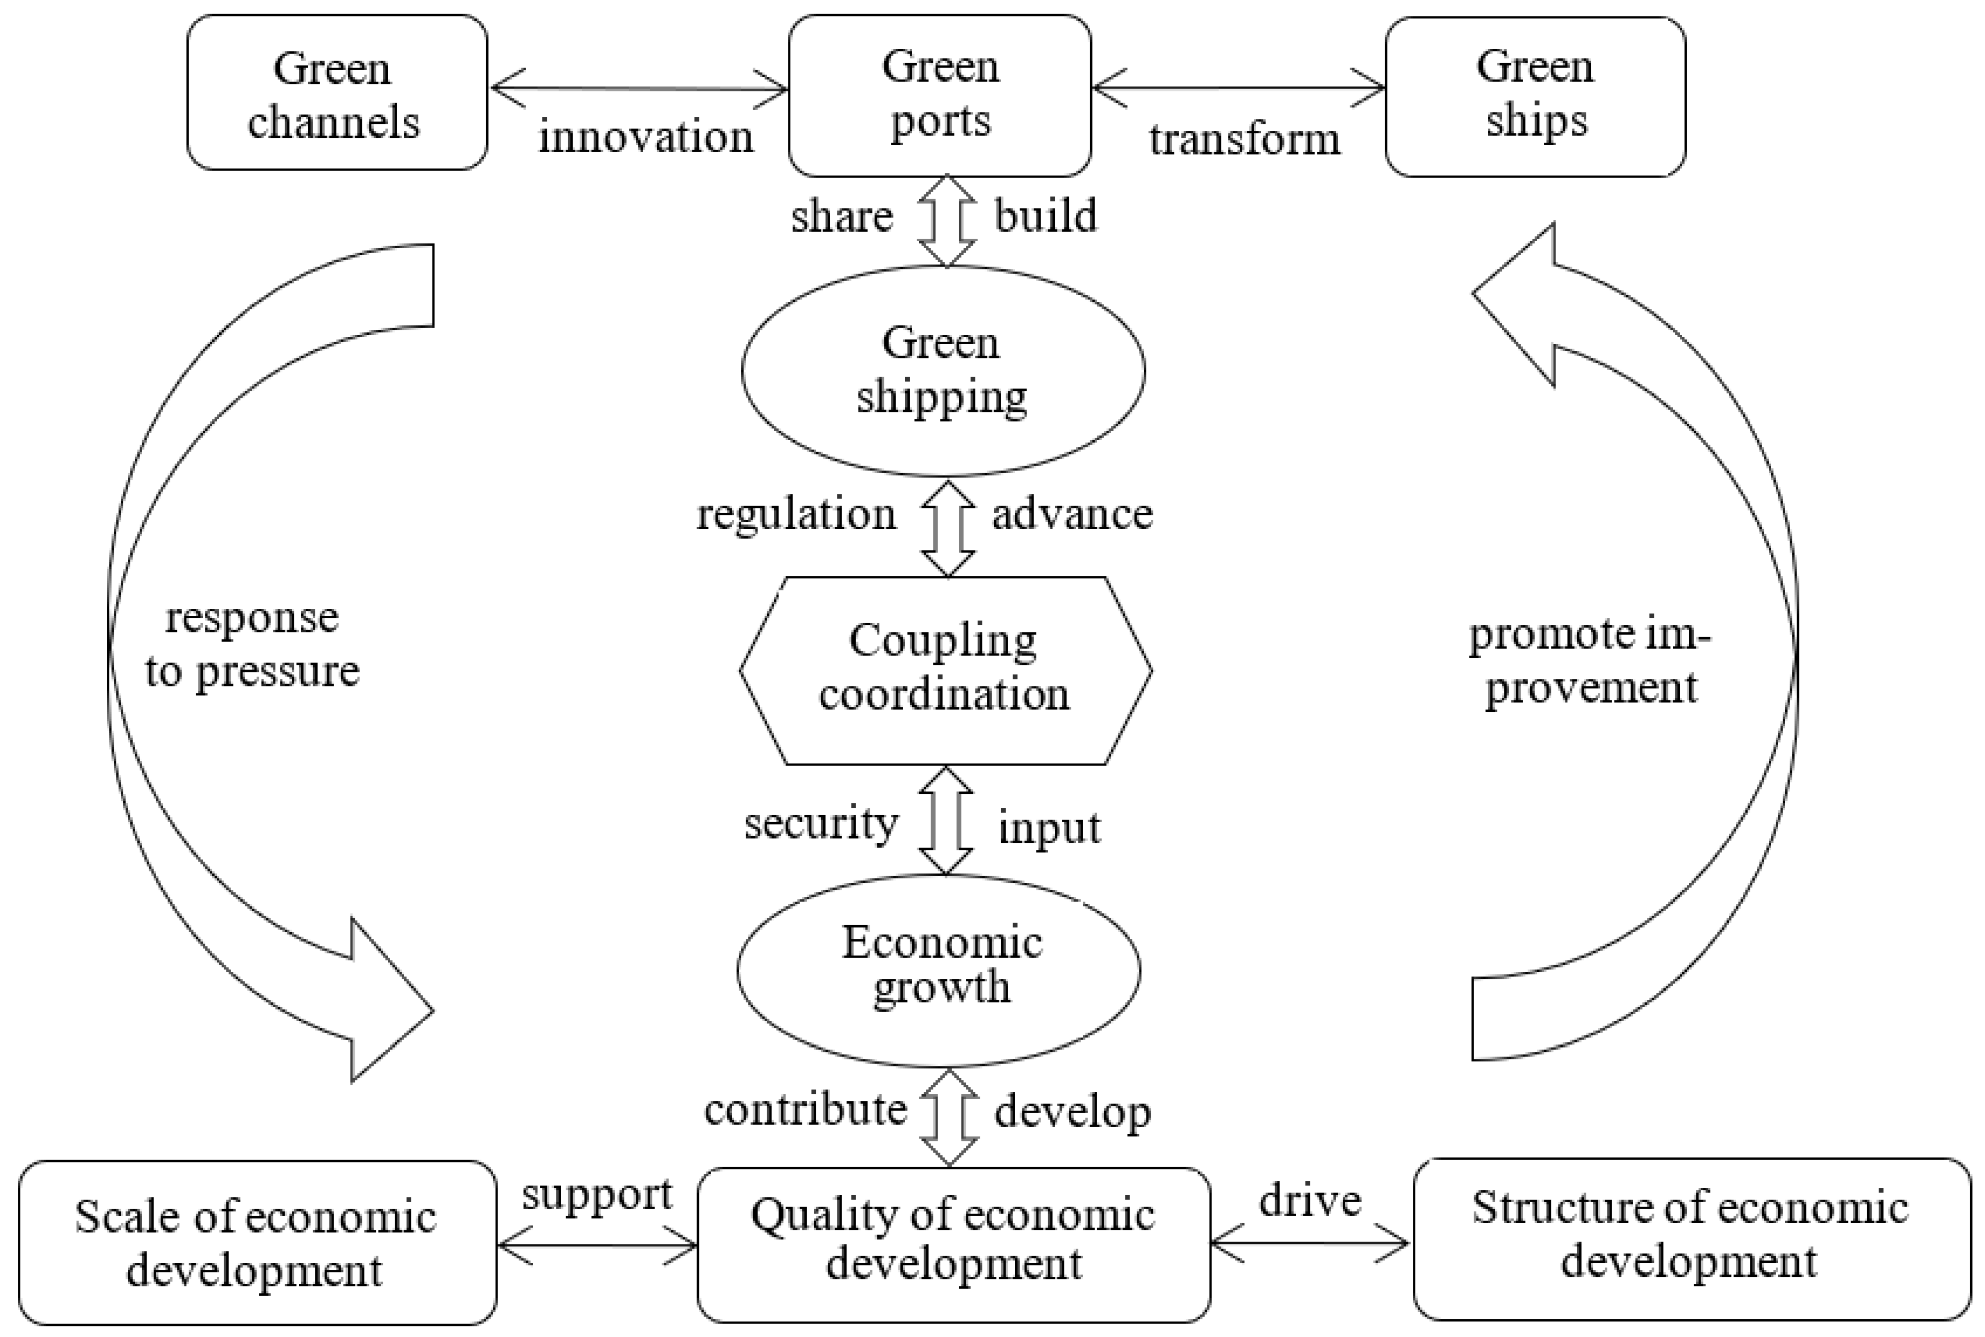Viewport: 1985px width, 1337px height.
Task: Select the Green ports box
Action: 939,94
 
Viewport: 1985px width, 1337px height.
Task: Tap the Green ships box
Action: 1534,95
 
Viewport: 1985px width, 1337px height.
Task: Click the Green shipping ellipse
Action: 943,370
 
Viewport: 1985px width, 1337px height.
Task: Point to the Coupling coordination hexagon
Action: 945,669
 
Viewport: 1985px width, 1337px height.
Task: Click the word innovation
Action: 645,136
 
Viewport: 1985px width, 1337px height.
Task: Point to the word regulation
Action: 796,515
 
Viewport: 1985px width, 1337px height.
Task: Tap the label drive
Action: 1310,1201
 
